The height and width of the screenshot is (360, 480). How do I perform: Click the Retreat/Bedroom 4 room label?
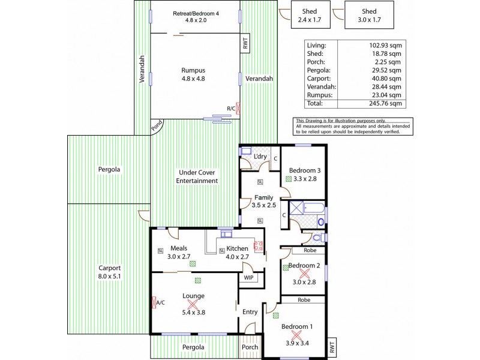click(x=195, y=13)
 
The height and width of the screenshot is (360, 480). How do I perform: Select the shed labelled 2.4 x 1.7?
click(x=310, y=15)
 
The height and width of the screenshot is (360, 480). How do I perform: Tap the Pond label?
click(x=157, y=125)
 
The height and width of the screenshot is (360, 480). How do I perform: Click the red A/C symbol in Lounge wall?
click(x=155, y=302)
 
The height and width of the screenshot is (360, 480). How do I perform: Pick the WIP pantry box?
click(x=248, y=277)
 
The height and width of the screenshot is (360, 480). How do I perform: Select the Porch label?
click(x=249, y=347)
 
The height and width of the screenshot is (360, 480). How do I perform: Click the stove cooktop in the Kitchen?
click(x=259, y=245)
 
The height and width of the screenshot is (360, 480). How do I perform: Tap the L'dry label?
click(x=260, y=157)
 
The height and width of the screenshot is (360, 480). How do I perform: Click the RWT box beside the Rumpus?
click(x=245, y=44)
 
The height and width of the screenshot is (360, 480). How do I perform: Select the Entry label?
click(x=250, y=311)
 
